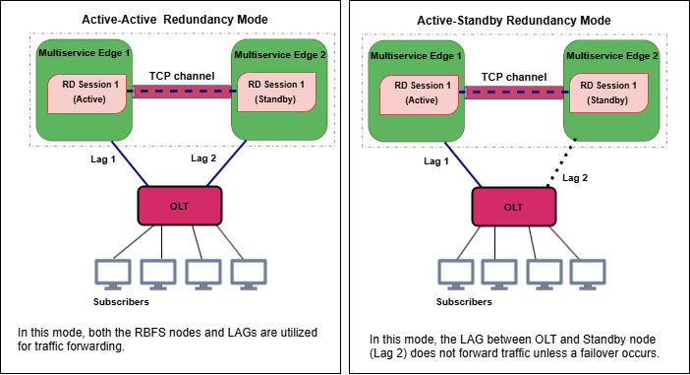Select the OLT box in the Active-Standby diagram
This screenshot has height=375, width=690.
512,207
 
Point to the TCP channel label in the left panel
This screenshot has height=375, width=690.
182,75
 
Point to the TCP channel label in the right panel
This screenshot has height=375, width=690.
513,76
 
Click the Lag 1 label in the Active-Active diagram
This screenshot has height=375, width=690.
99,158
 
